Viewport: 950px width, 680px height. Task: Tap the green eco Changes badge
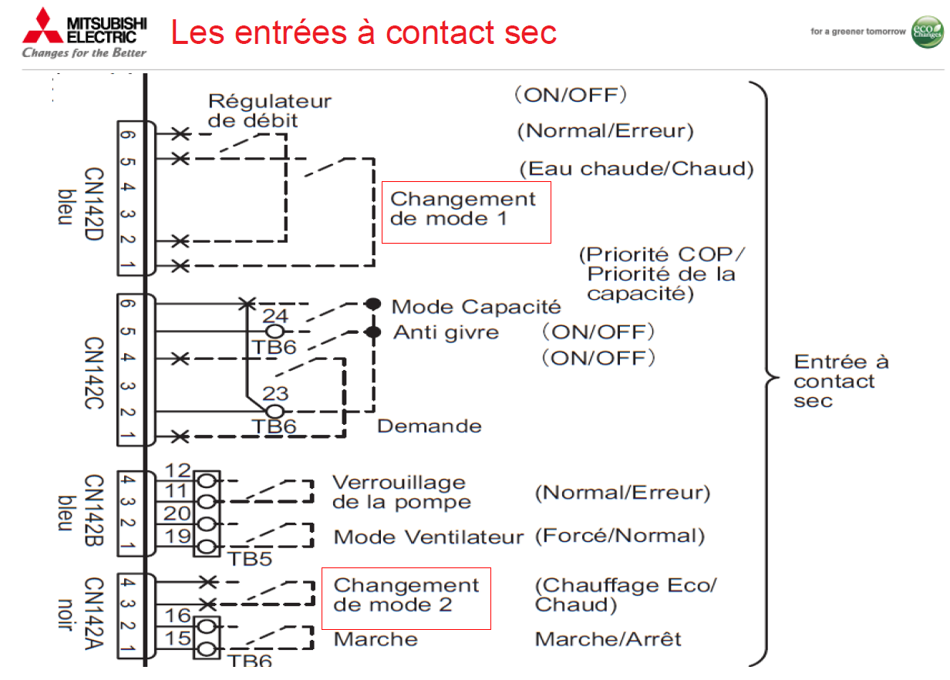(x=927, y=32)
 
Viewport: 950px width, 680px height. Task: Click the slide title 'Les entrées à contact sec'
(x=363, y=32)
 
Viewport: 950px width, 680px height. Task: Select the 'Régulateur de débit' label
(x=269, y=110)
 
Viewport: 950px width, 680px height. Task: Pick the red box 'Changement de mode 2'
(x=406, y=595)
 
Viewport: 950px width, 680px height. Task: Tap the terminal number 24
(x=275, y=315)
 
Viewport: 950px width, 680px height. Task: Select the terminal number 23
(x=275, y=393)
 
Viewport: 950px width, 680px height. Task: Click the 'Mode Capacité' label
(x=476, y=307)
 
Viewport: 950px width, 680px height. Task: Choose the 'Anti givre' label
(x=446, y=332)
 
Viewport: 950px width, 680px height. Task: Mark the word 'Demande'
(x=429, y=426)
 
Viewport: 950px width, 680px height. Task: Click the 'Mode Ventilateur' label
(x=428, y=537)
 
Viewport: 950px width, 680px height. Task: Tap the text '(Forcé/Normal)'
(x=620, y=536)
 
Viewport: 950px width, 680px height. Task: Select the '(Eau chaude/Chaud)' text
(x=635, y=169)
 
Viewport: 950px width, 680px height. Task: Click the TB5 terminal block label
(x=251, y=558)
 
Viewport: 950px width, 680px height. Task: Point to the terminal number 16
(x=178, y=614)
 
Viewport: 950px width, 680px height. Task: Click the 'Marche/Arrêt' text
(x=608, y=639)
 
